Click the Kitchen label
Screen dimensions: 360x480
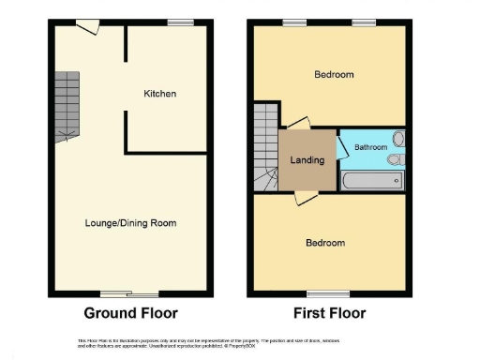pos(159,94)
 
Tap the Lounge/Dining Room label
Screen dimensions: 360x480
pos(131,223)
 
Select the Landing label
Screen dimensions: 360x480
pos(307,160)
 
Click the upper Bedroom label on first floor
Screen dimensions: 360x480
pos(334,75)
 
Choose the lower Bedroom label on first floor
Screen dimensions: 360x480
pos(325,243)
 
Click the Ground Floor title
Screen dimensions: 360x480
pos(130,313)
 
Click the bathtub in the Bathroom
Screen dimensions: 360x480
pos(372,179)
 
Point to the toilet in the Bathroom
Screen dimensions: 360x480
pos(397,160)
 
